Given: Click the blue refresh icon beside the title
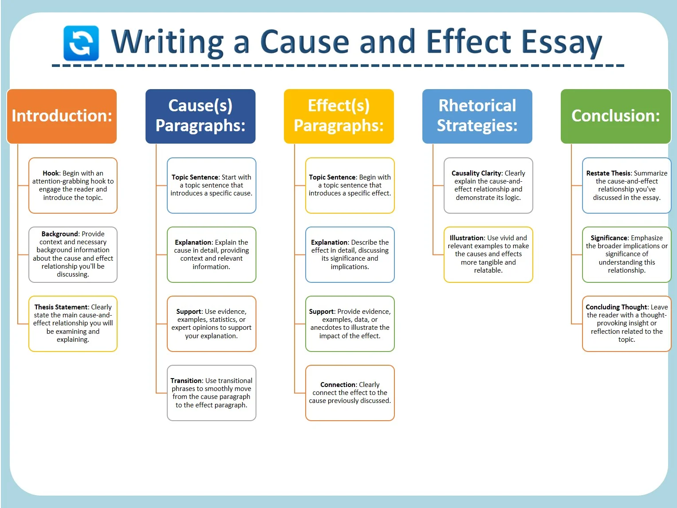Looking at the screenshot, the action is pos(81,43).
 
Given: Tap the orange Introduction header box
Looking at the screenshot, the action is pos(62,116).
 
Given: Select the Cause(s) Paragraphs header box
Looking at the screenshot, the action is pos(201,116).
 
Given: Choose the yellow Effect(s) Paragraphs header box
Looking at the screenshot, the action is pos(338,116).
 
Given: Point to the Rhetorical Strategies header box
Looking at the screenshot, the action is pos(477,116).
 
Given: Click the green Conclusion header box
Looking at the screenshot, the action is pos(616,116).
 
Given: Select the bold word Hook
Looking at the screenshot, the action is pos(51,173).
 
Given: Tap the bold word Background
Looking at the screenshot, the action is pos(60,234).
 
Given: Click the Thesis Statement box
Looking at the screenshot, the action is pos(73,324).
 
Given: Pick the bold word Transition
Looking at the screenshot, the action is pos(186,380).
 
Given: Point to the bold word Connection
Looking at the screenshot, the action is pos(338,384).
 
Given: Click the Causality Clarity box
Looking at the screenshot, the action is pos(488,185).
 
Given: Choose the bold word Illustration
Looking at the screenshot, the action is pos(467,238).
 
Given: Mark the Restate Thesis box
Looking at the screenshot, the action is pos(627,185).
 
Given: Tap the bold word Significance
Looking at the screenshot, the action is pos(609,238).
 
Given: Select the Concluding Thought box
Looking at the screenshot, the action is pos(627,324).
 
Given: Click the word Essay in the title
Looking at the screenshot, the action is pos(562,43).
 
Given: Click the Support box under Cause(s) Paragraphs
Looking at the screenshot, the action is pos(211,324).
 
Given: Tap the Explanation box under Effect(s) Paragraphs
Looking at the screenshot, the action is pos(350,254).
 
